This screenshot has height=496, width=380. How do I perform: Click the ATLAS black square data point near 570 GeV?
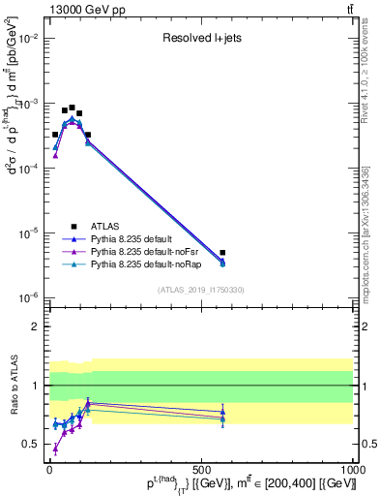(x=222, y=253)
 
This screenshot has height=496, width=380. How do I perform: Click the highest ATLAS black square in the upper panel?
(x=72, y=108)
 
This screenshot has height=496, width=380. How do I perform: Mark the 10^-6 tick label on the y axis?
(x=28, y=297)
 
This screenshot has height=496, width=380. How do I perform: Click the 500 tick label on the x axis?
(x=200, y=469)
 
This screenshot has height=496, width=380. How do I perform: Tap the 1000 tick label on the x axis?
(x=352, y=469)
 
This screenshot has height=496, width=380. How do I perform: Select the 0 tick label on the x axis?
(x=49, y=469)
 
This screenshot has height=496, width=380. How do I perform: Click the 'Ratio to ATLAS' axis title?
(x=11, y=385)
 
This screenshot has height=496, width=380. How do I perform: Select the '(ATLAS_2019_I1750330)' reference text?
(x=201, y=290)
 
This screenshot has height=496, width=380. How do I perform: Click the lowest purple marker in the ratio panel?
(x=55, y=448)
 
